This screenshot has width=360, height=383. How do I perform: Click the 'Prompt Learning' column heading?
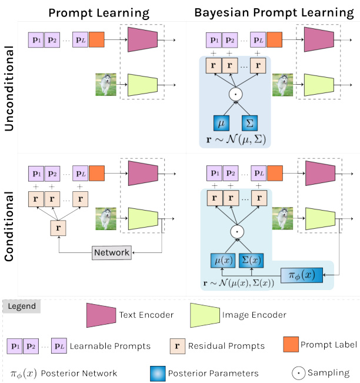[98, 12]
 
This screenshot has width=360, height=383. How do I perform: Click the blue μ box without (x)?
[221, 123]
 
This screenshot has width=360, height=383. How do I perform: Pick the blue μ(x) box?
[221, 259]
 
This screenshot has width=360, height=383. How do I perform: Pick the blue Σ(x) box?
[251, 259]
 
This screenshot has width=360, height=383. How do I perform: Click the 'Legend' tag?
[22, 307]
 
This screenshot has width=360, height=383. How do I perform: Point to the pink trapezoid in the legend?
[102, 315]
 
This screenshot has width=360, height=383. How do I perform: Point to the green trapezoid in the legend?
[204, 315]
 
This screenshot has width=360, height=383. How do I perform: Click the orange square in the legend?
[289, 344]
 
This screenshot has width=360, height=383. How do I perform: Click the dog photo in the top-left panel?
[106, 84]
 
